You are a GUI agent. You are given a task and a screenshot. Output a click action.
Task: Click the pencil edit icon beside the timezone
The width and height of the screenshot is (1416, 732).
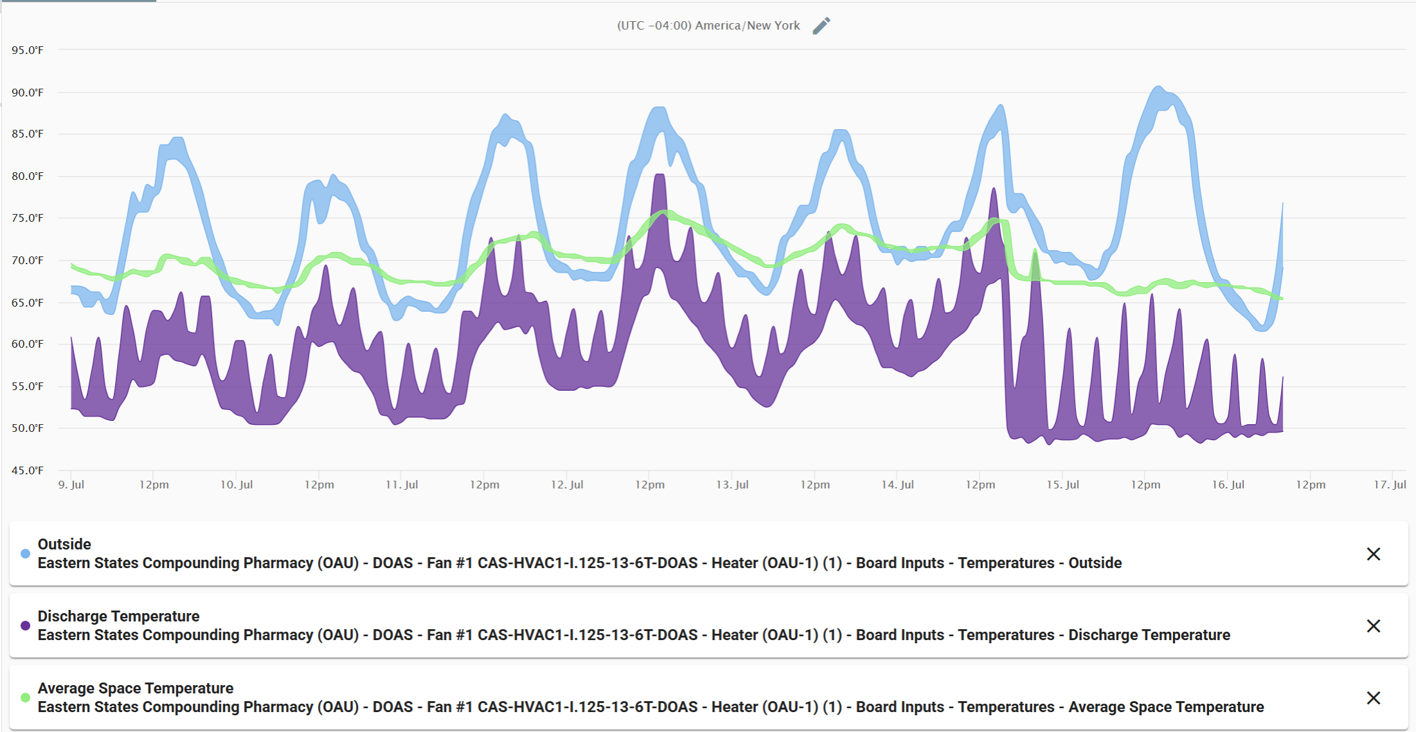821,26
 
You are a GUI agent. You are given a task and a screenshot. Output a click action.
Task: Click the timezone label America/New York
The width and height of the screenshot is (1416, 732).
708,26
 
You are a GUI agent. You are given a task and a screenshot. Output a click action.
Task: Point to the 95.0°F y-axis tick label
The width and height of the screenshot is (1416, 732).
28,50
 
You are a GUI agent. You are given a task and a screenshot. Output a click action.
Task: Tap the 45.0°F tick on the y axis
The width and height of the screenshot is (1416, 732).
28,470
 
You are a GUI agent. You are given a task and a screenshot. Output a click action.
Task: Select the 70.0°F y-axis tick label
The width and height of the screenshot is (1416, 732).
28,260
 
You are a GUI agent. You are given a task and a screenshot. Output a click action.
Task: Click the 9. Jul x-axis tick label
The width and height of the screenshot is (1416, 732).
71,485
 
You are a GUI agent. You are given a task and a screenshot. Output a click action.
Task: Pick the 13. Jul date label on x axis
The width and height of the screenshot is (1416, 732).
732,485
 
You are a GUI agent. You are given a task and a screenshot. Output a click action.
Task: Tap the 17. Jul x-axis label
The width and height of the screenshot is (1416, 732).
1390,485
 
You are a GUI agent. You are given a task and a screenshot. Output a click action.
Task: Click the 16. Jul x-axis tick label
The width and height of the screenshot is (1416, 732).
1228,485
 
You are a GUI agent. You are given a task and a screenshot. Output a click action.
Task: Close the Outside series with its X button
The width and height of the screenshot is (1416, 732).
1373,554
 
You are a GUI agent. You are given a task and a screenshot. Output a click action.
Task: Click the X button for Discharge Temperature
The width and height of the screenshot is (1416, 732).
1373,626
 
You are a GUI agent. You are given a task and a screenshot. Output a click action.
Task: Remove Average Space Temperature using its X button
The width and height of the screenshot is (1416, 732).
1373,698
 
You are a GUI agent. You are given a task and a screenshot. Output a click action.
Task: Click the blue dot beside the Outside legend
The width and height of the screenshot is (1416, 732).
26,554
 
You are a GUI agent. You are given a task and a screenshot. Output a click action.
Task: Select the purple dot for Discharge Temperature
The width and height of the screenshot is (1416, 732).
26,626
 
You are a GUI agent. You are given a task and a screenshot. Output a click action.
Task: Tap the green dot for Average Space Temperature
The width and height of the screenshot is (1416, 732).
26,698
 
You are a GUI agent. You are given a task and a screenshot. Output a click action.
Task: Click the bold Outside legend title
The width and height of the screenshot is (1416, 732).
64,544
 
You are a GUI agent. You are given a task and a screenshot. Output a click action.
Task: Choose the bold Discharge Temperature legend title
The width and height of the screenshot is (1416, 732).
118,616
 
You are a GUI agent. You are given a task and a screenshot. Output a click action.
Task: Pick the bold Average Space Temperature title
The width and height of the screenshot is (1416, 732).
135,688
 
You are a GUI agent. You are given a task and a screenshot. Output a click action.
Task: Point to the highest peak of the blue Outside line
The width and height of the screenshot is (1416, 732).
1158,87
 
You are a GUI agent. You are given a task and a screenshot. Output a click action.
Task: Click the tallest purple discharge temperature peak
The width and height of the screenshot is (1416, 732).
659,175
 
